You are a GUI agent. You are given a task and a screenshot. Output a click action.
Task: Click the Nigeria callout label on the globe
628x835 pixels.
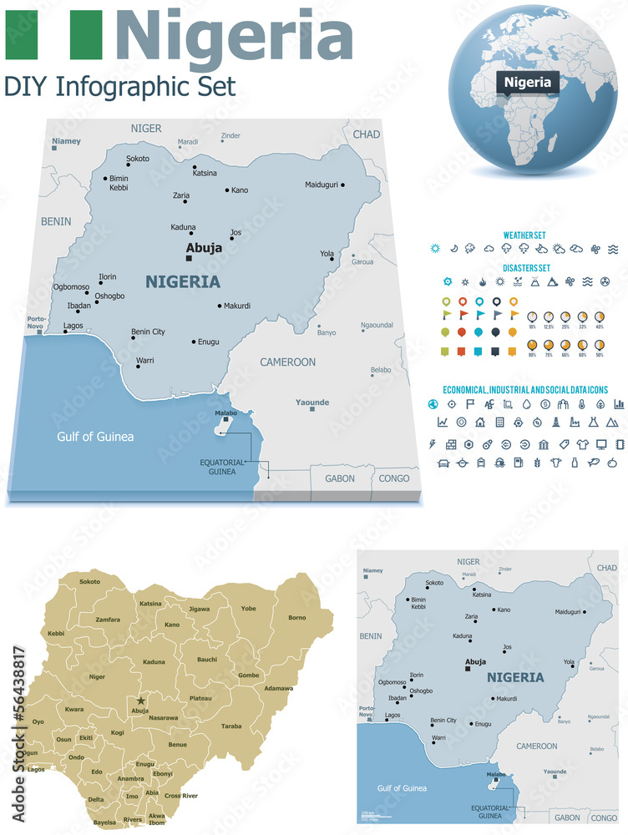(527, 82)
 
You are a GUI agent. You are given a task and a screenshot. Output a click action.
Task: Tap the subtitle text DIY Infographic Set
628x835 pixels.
(120, 86)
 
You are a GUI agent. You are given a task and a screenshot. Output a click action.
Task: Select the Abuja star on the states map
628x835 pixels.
(141, 701)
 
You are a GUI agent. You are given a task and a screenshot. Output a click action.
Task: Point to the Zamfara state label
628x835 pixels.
(108, 620)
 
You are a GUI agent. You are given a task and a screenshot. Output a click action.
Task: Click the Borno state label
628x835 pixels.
(297, 618)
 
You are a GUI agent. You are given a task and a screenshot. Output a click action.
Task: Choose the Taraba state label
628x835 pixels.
(231, 726)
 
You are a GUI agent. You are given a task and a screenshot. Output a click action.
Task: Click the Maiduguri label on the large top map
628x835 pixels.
(322, 185)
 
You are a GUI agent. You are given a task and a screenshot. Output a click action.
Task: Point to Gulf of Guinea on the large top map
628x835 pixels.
(95, 437)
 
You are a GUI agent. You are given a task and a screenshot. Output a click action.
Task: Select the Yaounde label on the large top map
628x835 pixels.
(312, 402)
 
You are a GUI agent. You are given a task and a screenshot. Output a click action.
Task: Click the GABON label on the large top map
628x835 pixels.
(340, 478)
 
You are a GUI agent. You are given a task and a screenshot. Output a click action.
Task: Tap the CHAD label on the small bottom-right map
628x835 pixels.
(605, 568)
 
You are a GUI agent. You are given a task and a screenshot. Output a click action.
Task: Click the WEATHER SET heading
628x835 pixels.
(524, 235)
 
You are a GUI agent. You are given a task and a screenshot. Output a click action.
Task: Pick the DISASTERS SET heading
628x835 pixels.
(526, 268)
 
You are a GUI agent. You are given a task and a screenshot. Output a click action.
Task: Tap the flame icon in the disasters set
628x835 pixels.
(482, 281)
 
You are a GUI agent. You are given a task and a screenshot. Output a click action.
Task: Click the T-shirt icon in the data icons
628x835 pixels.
(584, 443)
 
